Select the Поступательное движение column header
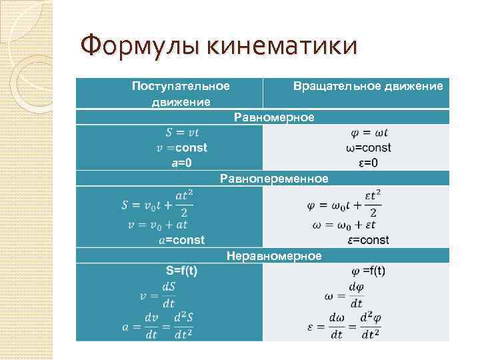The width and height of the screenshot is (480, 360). [x=181, y=94]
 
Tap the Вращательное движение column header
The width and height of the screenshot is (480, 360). [x=368, y=87]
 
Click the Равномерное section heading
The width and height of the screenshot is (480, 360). [x=274, y=117]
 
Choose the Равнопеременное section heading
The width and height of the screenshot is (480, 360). [x=274, y=179]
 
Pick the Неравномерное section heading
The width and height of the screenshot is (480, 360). [x=274, y=255]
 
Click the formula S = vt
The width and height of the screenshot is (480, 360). [x=181, y=133]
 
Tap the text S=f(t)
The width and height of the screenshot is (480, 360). [x=181, y=271]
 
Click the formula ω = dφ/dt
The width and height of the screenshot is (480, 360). [x=347, y=294]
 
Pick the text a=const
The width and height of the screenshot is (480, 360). [x=181, y=239]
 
